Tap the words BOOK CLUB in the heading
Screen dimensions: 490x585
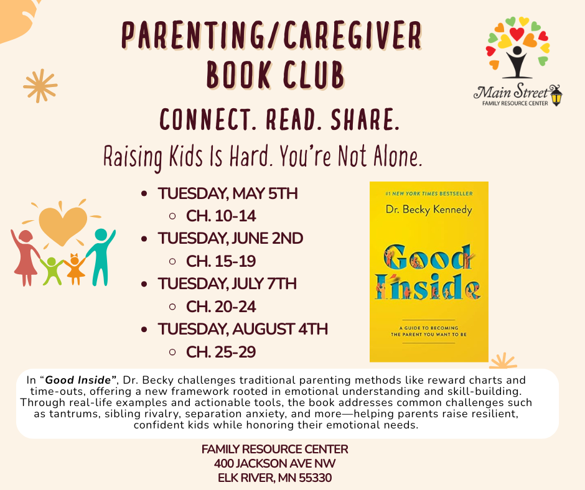pos(274,76)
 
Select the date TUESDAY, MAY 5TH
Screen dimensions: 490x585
pos(228,194)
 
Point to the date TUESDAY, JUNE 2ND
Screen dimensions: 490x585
pos(230,239)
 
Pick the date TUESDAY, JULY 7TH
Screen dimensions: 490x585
pos(227,284)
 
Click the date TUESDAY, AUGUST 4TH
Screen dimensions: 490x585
pos(243,329)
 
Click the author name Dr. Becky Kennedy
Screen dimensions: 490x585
pos(429,210)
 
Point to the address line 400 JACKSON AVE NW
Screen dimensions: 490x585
pos(274,463)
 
